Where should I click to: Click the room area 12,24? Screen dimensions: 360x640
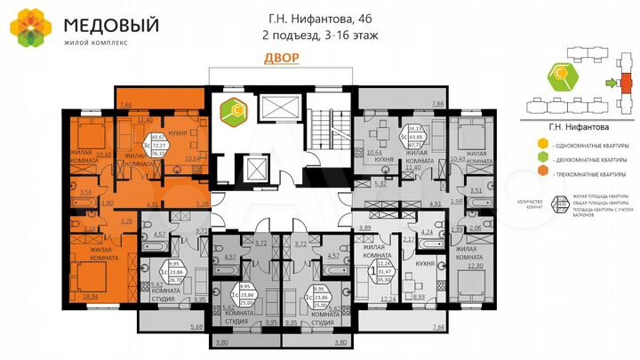pyautogui.click(x=386, y=300)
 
